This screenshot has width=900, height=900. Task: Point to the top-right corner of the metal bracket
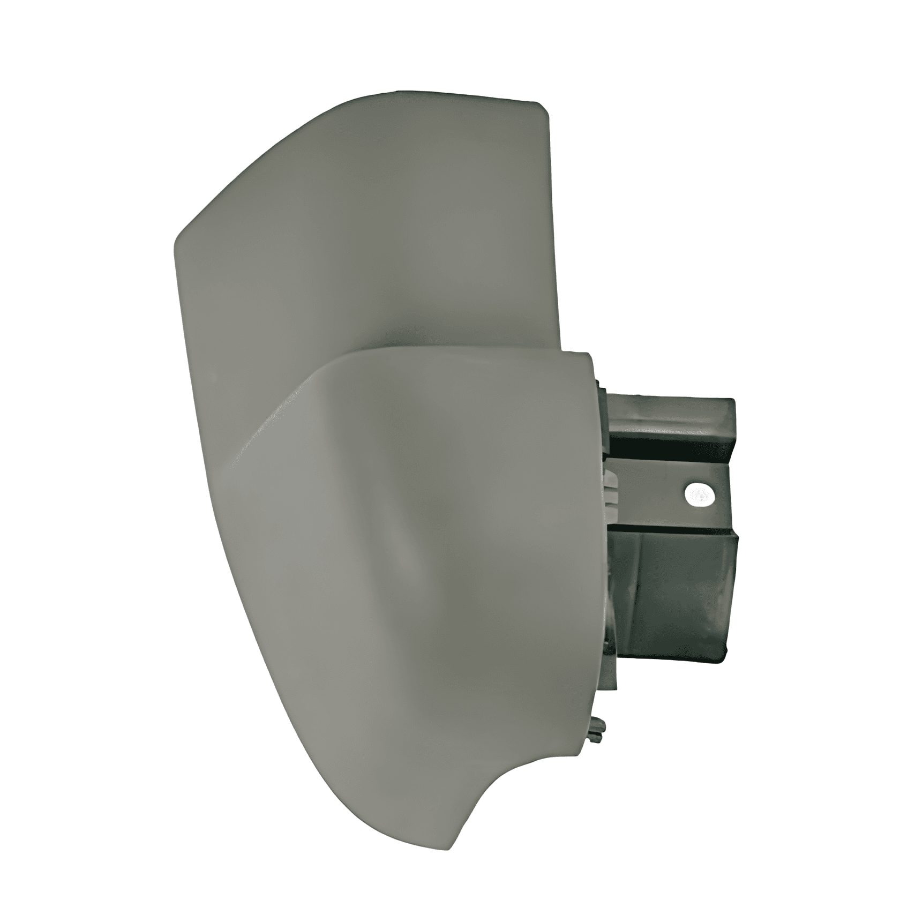pyautogui.click(x=733, y=401)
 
